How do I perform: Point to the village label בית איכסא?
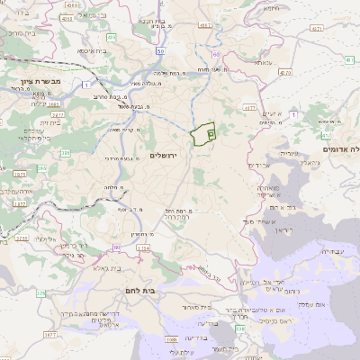(95, 51)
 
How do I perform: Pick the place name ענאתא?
(263, 63)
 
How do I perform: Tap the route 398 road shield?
(171, 339)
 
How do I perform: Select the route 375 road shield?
(40, 293)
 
